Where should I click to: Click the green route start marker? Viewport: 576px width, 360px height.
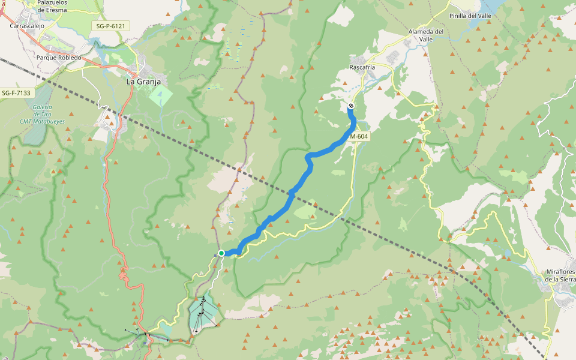[x=221, y=253]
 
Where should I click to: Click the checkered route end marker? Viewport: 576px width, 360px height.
[x=351, y=106]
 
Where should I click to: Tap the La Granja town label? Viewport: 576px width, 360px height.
[x=143, y=80]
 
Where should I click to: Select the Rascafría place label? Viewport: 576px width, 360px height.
[x=362, y=67]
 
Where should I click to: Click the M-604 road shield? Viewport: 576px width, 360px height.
[x=359, y=136]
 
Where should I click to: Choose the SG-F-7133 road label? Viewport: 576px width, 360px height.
[x=16, y=93]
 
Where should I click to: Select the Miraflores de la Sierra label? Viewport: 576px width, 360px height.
[x=560, y=275]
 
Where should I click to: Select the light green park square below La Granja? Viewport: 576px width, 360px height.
[x=160, y=95]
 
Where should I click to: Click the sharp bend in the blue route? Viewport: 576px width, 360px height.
[x=309, y=157]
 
